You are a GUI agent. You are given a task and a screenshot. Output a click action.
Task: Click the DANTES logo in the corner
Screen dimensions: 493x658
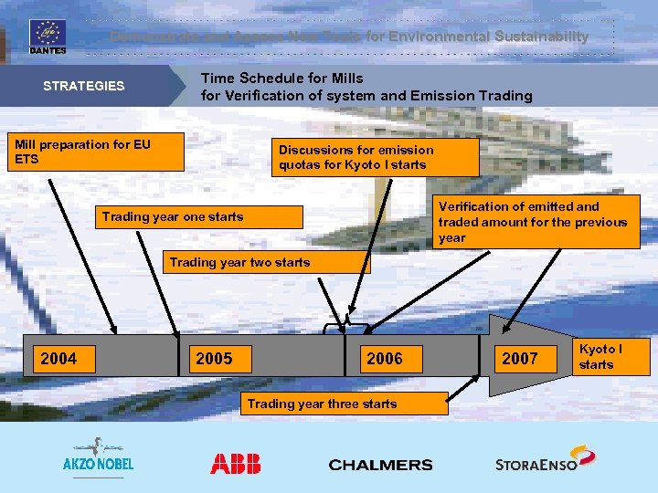(48, 37)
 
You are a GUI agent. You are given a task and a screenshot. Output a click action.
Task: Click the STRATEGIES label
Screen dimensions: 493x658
(84, 86)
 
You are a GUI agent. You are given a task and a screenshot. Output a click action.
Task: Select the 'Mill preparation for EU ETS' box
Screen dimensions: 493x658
(95, 152)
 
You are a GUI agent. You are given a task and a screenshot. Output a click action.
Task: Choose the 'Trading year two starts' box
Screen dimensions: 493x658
(267, 263)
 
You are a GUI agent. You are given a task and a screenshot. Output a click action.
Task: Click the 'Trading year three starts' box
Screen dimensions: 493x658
(345, 404)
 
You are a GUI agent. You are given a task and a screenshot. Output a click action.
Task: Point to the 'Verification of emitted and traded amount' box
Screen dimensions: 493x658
(536, 222)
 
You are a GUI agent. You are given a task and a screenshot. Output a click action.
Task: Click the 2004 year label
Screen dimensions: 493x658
(58, 359)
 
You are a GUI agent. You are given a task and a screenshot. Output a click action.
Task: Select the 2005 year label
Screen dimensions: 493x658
(214, 359)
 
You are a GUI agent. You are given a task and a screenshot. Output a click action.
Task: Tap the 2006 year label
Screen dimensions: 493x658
(384, 359)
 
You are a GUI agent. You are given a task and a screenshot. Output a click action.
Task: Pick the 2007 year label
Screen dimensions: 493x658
(520, 359)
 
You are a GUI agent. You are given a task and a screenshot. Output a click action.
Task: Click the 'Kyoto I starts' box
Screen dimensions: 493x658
(610, 357)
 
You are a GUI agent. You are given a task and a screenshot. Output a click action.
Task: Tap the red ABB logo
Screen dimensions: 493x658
(235, 464)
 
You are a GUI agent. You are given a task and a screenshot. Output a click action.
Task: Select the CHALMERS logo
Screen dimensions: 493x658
(380, 465)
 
